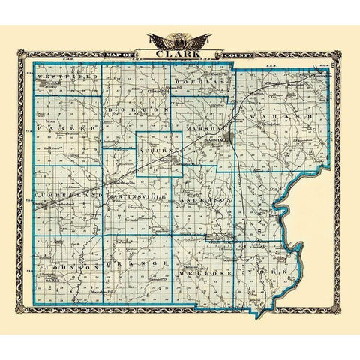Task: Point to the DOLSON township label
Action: pyautogui.click(x=136, y=109)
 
